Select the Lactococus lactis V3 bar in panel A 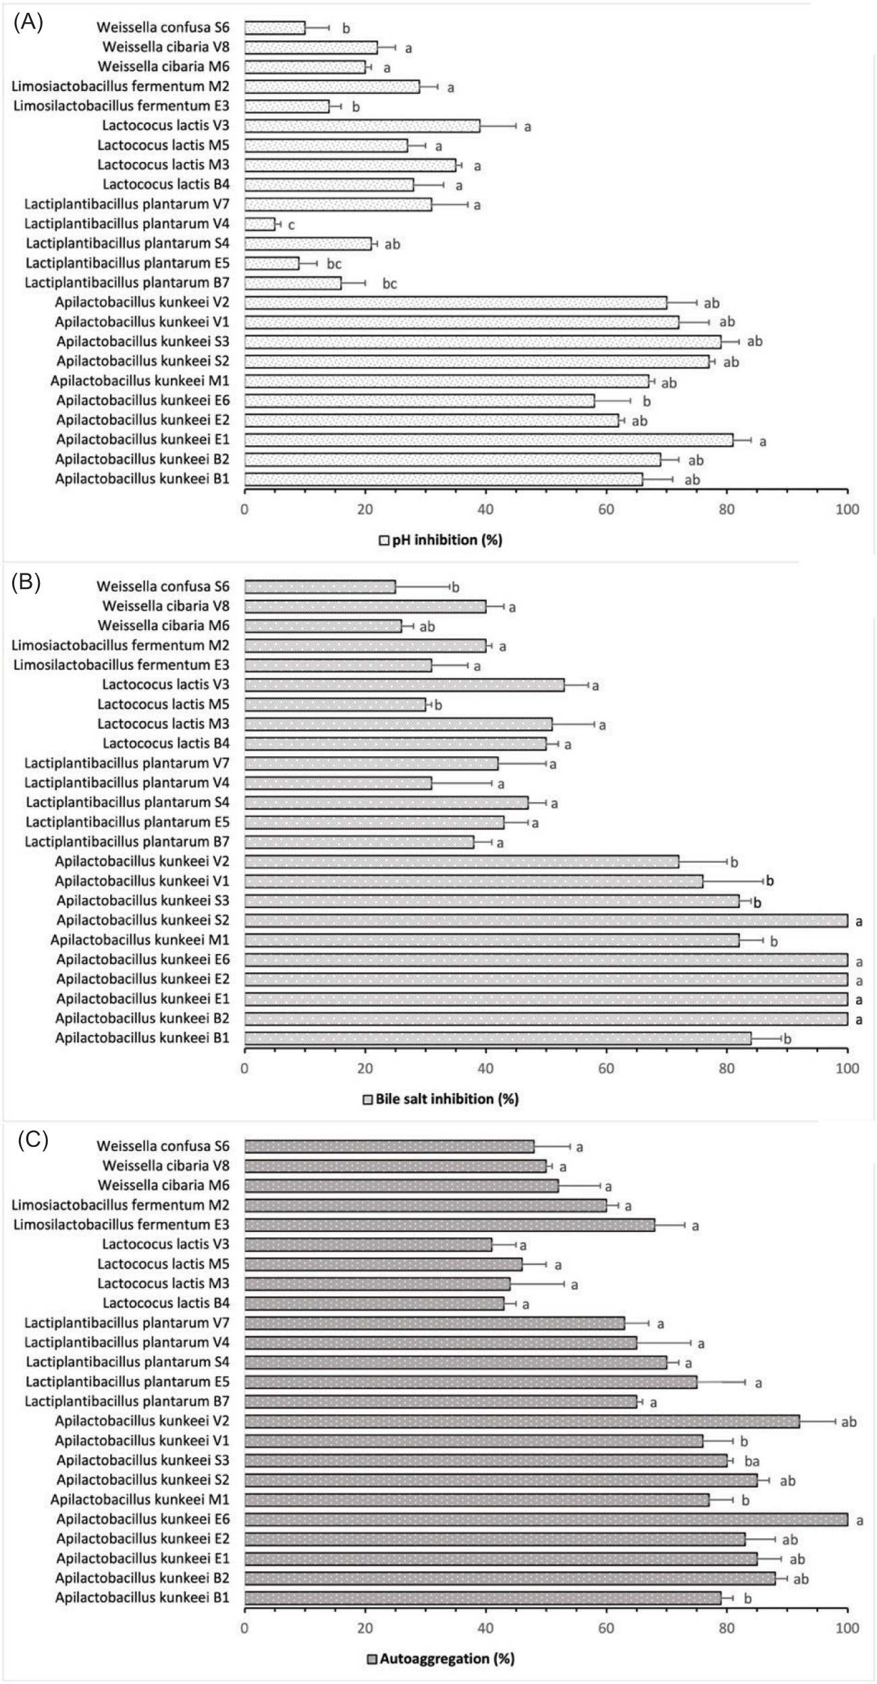pos(362,125)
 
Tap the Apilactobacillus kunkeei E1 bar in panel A pos(488,440)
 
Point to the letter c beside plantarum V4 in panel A pos(291,225)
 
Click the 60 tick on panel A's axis pos(606,509)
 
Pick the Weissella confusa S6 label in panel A pos(163,28)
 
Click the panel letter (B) pos(28,582)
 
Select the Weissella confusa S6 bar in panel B pos(320,587)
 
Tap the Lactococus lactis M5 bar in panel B pos(335,704)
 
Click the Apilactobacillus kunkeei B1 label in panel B pos(142,1038)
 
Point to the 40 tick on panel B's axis pos(485,1068)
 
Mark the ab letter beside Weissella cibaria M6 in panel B pos(427,627)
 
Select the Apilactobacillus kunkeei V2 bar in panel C pos(522,1422)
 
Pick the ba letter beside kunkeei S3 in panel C pos(752,1461)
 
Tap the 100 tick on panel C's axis pos(847,1627)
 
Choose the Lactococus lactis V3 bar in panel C pos(368,1245)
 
